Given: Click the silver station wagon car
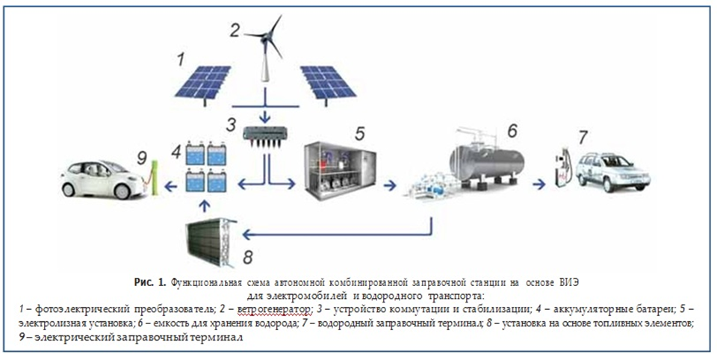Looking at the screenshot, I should pos(612,172).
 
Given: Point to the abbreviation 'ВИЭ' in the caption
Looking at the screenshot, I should pos(568,284).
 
